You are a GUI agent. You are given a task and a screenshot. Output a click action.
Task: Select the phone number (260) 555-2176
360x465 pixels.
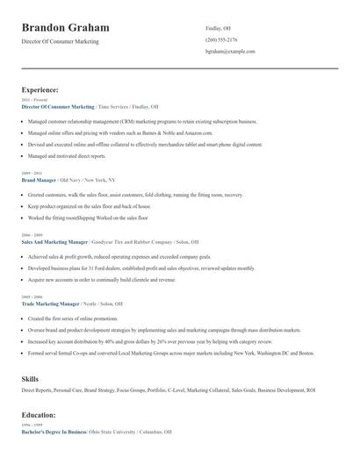click(x=221, y=39)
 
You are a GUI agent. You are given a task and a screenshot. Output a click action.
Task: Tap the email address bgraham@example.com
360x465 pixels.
click(x=230, y=52)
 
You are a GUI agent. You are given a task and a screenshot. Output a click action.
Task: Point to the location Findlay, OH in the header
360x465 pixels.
click(x=219, y=28)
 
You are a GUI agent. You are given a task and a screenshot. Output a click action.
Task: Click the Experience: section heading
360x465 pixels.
click(x=40, y=89)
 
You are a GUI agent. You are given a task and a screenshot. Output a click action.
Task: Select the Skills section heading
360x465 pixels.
click(x=30, y=377)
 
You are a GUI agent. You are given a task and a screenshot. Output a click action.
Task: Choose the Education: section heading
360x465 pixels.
click(x=39, y=414)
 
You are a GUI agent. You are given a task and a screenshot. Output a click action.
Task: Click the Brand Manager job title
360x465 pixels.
click(x=40, y=178)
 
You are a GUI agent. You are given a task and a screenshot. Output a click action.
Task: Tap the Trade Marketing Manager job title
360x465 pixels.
click(x=53, y=303)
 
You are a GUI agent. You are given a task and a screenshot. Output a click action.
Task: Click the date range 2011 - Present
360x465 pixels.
click(x=32, y=100)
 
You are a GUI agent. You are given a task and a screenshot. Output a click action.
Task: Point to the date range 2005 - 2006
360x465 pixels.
click(x=31, y=297)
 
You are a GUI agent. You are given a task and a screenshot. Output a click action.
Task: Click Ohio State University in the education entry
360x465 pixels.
click(x=118, y=432)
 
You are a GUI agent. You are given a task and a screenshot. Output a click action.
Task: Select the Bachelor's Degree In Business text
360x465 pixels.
click(x=54, y=432)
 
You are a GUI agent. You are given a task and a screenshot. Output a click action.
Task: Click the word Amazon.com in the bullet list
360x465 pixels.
click(x=199, y=132)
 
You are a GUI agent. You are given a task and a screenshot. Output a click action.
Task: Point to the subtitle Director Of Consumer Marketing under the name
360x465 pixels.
click(x=60, y=41)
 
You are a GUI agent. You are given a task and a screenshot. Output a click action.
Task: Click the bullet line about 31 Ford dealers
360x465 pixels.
click(x=140, y=268)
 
